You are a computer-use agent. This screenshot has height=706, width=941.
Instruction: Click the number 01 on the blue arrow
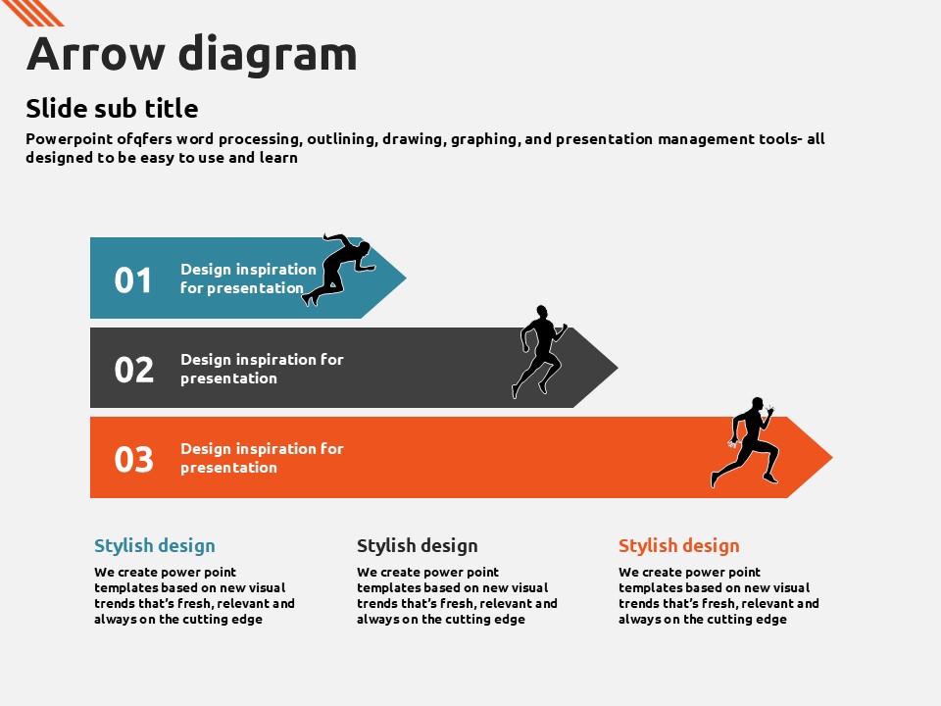click(132, 280)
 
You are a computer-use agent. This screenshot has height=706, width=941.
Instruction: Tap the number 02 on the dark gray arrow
click(134, 370)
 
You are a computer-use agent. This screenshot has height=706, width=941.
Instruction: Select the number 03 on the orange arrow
click(134, 459)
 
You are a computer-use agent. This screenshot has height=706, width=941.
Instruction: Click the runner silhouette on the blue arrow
click(339, 269)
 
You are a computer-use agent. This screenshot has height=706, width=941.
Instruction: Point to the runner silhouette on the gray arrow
click(539, 351)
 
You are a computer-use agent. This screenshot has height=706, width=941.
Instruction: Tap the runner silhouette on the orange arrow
click(745, 441)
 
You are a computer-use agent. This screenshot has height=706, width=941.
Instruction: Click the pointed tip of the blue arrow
click(406, 277)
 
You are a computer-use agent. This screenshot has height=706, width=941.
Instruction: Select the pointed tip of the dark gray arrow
click(618, 368)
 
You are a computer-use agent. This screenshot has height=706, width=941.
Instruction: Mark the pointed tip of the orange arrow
click(832, 458)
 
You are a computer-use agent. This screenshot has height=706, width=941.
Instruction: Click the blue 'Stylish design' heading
click(155, 546)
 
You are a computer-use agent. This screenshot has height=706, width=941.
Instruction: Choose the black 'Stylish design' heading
click(418, 546)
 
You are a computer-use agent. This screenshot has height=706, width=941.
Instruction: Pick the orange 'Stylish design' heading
click(678, 546)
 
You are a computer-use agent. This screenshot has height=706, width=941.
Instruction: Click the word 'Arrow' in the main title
click(96, 54)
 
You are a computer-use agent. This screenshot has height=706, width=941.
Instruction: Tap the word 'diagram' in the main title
click(268, 54)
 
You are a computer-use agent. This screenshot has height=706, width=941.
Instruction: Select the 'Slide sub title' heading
click(112, 109)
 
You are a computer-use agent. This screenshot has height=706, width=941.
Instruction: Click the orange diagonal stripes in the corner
click(33, 13)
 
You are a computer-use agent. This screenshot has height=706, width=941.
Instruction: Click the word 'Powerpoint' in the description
click(69, 139)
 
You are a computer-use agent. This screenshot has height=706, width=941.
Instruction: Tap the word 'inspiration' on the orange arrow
click(273, 449)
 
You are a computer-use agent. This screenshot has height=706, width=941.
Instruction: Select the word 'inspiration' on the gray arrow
click(273, 360)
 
